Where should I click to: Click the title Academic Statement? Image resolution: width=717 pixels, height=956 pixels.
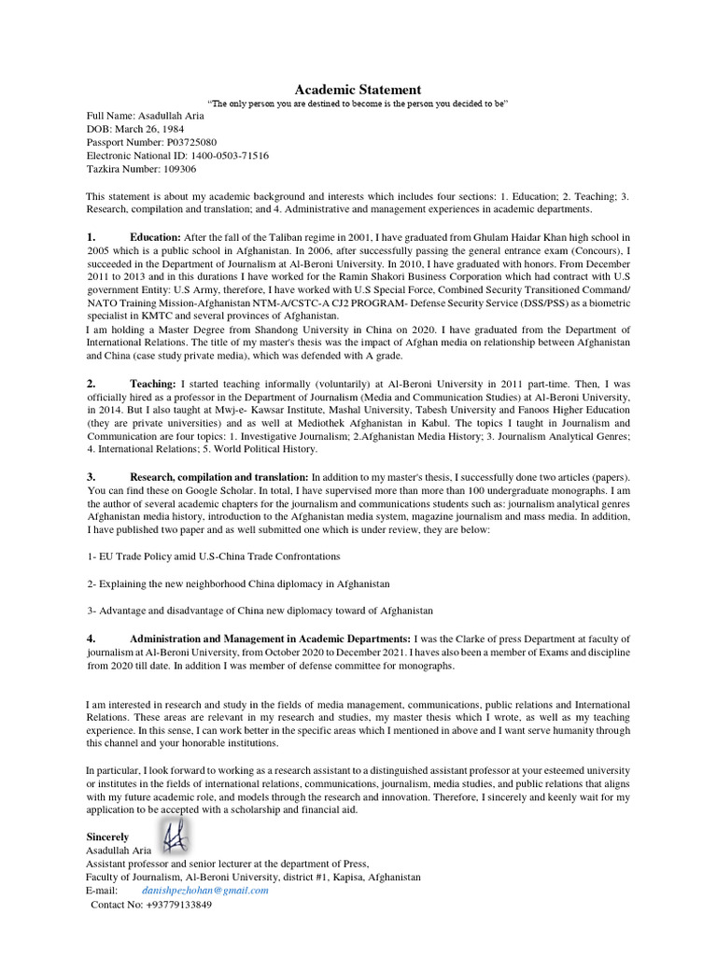point(358,90)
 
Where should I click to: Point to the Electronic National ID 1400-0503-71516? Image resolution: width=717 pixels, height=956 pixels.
point(222,156)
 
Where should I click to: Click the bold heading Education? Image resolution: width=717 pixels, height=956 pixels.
point(155,238)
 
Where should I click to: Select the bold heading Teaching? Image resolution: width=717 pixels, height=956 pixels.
point(153,384)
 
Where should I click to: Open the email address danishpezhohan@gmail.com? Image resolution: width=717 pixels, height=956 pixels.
point(205,892)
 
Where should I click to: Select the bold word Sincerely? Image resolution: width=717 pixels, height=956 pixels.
point(108,837)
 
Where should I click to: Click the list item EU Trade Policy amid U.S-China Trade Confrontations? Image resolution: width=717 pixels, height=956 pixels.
point(213,555)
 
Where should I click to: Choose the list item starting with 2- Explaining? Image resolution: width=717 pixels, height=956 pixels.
point(238,583)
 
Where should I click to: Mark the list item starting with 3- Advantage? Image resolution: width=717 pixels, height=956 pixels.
point(260,611)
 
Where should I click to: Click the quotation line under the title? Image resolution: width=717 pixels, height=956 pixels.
point(358,104)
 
